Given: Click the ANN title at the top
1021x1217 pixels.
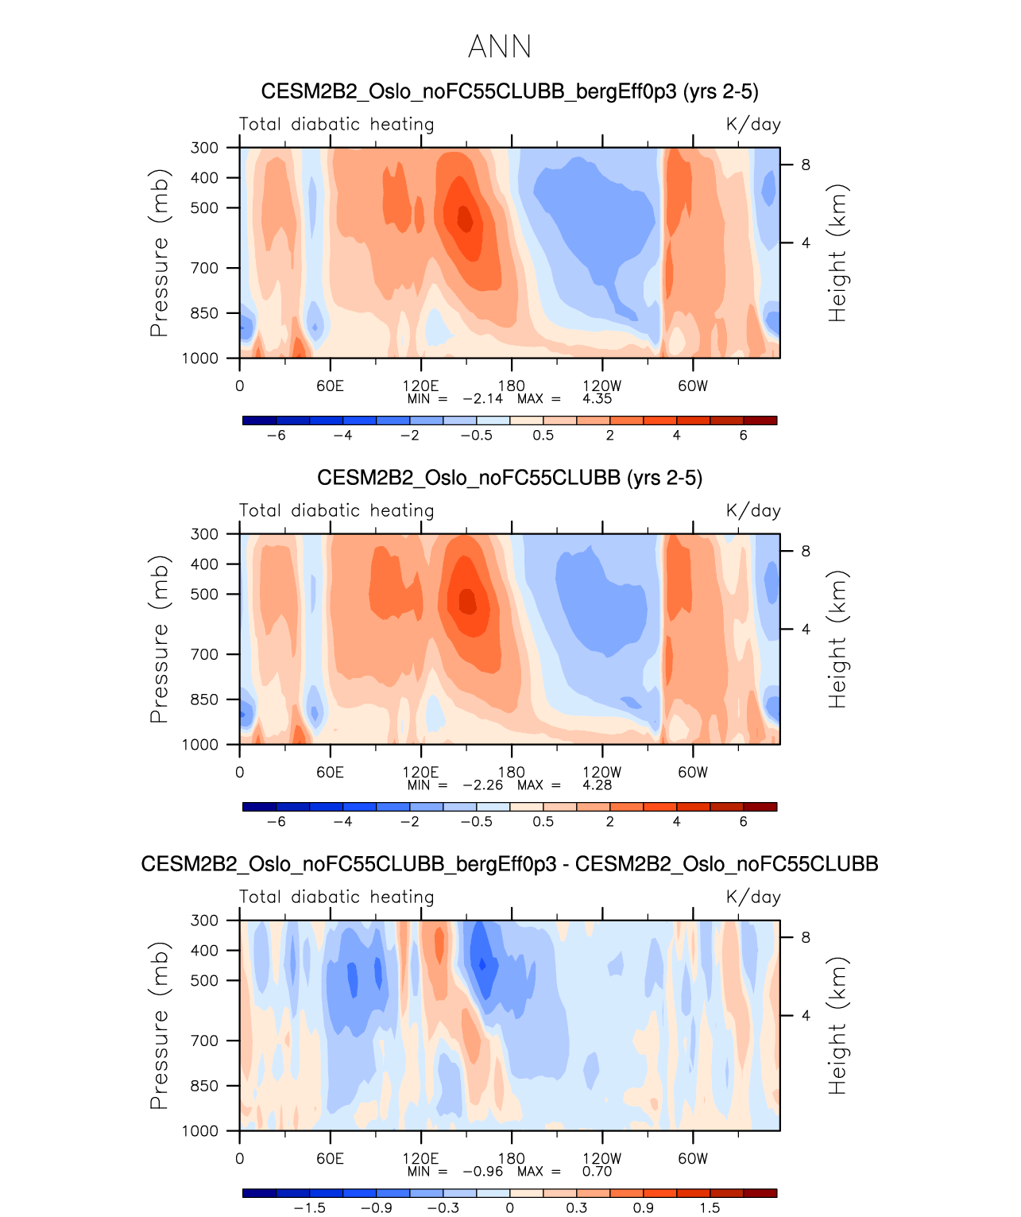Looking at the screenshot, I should pyautogui.click(x=500, y=47).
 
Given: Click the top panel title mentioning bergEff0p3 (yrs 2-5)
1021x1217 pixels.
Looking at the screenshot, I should pyautogui.click(x=509, y=91).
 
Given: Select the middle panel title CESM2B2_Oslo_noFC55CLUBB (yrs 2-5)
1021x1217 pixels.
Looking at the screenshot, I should pyautogui.click(x=509, y=478).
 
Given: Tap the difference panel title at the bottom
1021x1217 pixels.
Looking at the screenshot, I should pyautogui.click(x=509, y=864).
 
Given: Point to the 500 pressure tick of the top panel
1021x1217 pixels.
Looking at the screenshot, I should pyautogui.click(x=204, y=208).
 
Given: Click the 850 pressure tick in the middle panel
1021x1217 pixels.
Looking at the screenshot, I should pyautogui.click(x=204, y=700).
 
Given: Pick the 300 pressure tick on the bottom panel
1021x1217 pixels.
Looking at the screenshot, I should pyautogui.click(x=204, y=921).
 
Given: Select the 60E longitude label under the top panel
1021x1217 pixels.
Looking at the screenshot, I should pyautogui.click(x=330, y=386).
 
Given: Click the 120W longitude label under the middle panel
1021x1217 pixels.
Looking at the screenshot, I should pyautogui.click(x=601, y=772).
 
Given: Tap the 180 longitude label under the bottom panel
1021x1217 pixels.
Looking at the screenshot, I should pyautogui.click(x=511, y=1158).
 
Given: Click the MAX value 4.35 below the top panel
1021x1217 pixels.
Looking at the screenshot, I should pyautogui.click(x=597, y=399).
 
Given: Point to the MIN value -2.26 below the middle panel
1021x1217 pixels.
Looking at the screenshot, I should pyautogui.click(x=482, y=785).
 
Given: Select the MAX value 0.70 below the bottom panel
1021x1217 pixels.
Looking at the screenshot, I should pyautogui.click(x=597, y=1172).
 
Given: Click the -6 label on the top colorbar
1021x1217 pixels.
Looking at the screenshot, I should pyautogui.click(x=276, y=436).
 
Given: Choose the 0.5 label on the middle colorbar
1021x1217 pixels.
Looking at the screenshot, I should pyautogui.click(x=543, y=822).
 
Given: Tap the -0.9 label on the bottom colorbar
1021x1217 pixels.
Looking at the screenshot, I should pyautogui.click(x=376, y=1208).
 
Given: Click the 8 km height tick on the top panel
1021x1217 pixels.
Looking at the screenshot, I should pyautogui.click(x=806, y=165).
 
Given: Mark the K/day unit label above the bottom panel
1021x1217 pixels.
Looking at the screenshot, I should pyautogui.click(x=753, y=897).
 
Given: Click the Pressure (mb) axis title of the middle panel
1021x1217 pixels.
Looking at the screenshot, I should pyautogui.click(x=160, y=639).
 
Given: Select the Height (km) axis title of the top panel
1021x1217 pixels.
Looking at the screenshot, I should pyautogui.click(x=837, y=253).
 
